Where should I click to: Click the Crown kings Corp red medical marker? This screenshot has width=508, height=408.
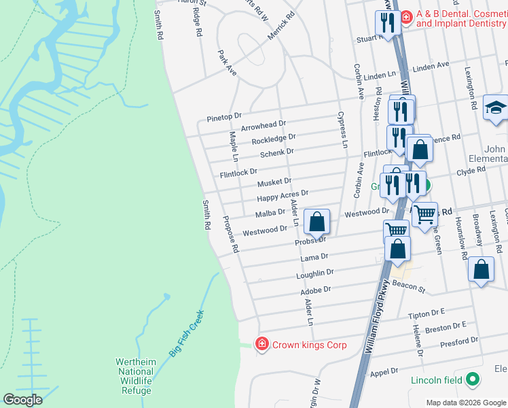[261, 345]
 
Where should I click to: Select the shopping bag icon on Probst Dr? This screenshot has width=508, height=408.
[316, 222]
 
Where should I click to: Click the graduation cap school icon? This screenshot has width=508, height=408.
[496, 108]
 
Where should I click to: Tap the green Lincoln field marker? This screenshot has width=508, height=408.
[473, 379]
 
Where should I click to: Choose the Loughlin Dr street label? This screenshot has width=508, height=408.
[315, 273]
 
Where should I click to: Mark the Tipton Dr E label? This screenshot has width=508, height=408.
[426, 313]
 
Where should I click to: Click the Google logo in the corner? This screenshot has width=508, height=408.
[22, 400]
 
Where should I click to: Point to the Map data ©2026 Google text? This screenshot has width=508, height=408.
[466, 402]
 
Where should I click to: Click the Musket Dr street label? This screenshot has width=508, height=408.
[274, 182]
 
